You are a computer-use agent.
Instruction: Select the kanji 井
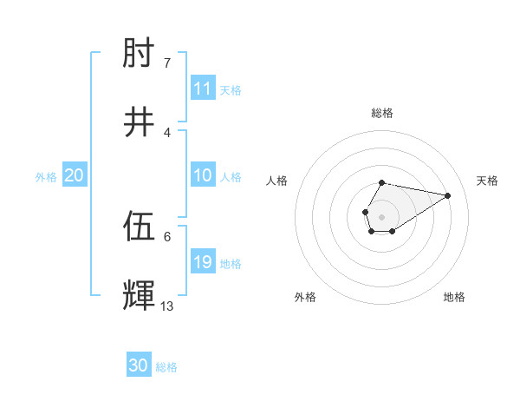pyautogui.click(x=140, y=122)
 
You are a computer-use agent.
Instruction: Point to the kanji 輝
pyautogui.click(x=140, y=296)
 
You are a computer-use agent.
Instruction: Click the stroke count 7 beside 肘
pyautogui.click(x=167, y=63)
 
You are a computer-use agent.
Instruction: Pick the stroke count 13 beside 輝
pyautogui.click(x=167, y=306)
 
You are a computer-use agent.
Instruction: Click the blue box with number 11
pyautogui.click(x=203, y=89)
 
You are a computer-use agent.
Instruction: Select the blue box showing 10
pyautogui.click(x=203, y=175)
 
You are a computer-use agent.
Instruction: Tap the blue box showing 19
pyautogui.click(x=203, y=262)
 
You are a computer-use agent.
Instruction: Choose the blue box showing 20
pyautogui.click(x=75, y=175)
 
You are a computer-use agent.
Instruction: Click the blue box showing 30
pyautogui.click(x=139, y=365)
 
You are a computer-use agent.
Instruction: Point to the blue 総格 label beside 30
pyautogui.click(x=166, y=367)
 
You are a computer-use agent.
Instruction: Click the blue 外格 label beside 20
pyautogui.click(x=46, y=177)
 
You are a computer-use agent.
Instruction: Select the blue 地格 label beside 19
pyautogui.click(x=231, y=264)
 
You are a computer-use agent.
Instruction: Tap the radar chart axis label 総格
pyautogui.click(x=382, y=113)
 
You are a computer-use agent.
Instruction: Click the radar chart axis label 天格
pyautogui.click(x=488, y=181)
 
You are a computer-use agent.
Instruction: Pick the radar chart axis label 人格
pyautogui.click(x=277, y=181)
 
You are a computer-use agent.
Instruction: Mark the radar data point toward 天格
pyautogui.click(x=448, y=194)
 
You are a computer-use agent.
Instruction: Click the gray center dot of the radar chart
pyautogui.click(x=382, y=216)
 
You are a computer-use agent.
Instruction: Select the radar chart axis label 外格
pyautogui.click(x=305, y=297)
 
